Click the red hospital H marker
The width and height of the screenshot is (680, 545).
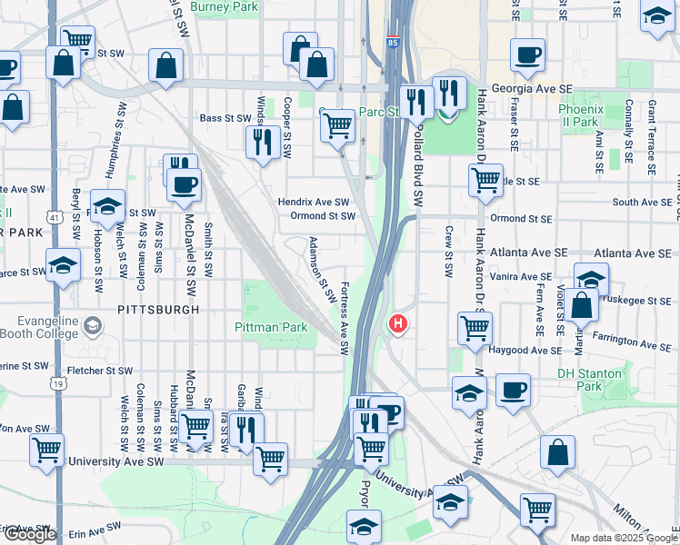tap(397, 323)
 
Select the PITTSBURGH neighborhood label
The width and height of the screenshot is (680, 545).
tap(157, 310)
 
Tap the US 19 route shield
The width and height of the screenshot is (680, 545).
tap(59, 384)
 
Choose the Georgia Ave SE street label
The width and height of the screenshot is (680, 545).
tap(535, 90)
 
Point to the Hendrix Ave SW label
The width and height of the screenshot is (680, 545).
tap(314, 202)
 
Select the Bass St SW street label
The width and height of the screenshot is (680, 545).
tap(225, 118)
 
